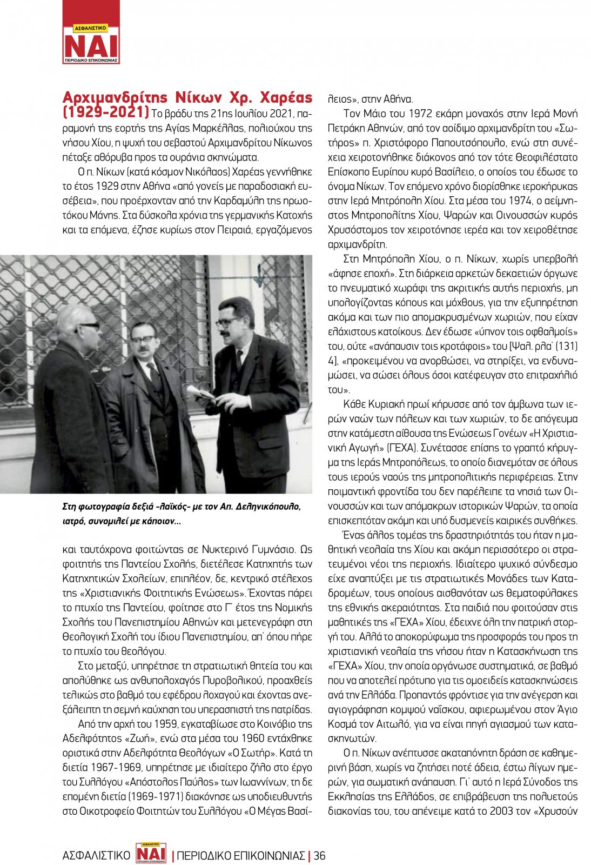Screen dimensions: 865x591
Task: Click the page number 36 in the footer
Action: point(320,855)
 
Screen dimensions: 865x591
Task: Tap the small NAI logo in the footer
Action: point(151,853)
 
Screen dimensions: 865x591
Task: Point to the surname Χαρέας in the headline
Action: point(286,97)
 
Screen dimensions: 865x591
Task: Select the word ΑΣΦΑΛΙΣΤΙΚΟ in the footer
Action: point(97,855)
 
